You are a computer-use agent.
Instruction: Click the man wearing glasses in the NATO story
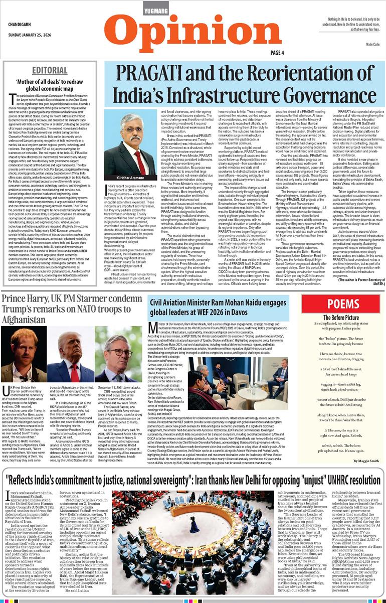pyautogui.click(x=117, y=356)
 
